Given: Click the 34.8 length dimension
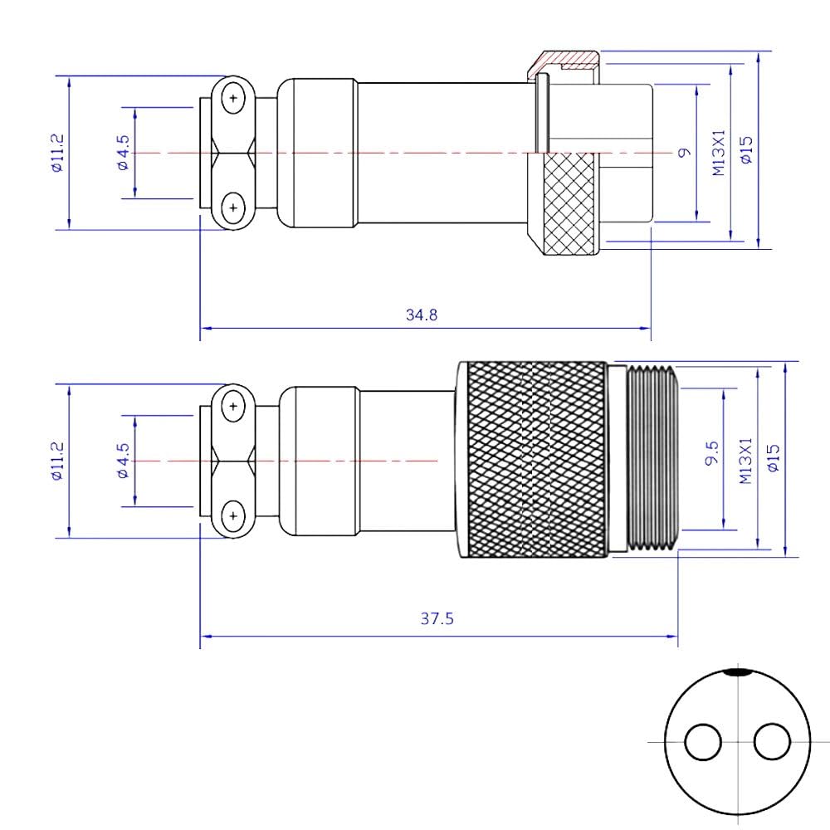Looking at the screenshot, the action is [x=422, y=315].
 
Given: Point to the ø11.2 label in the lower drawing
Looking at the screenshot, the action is [x=56, y=461].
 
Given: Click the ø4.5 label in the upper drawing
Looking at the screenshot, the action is [x=123, y=154].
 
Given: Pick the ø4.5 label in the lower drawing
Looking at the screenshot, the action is [x=123, y=461].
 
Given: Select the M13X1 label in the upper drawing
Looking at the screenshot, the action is [x=719, y=152].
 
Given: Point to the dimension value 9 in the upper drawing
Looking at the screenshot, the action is [x=684, y=152].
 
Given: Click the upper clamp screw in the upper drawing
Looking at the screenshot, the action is [x=234, y=99].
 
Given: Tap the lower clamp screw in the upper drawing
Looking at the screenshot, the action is [x=234, y=207].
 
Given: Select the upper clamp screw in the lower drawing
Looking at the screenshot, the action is [x=234, y=407].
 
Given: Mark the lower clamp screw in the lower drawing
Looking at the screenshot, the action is [x=234, y=515].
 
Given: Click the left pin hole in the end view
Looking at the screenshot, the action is [x=703, y=740].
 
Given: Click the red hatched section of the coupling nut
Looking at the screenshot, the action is [x=567, y=60].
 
